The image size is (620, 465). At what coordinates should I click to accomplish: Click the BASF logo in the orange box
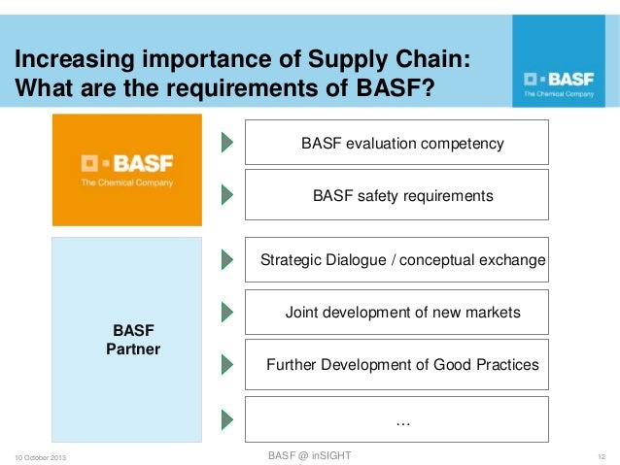click(127, 169)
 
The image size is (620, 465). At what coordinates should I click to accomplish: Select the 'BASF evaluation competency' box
click(396, 143)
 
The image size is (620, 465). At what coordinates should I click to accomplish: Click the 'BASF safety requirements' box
click(396, 195)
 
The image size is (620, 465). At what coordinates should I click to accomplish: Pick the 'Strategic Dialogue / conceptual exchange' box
click(396, 260)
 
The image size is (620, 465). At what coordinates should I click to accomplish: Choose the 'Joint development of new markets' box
click(396, 313)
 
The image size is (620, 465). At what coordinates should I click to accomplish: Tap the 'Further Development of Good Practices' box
click(396, 365)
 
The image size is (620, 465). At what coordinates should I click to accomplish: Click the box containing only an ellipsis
click(396, 419)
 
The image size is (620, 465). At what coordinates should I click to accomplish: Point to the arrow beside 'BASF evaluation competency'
click(226, 143)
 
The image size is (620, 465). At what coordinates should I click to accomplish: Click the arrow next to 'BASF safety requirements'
click(226, 195)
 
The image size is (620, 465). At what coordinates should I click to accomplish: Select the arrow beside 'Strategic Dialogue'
click(226, 260)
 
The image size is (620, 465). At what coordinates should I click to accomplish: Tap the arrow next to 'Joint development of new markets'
click(226, 313)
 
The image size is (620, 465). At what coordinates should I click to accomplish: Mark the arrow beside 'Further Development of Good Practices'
click(226, 365)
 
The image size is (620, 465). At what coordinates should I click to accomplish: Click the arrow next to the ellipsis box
click(226, 419)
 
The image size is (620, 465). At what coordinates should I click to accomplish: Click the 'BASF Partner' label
click(133, 339)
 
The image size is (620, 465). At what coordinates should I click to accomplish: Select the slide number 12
click(602, 457)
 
